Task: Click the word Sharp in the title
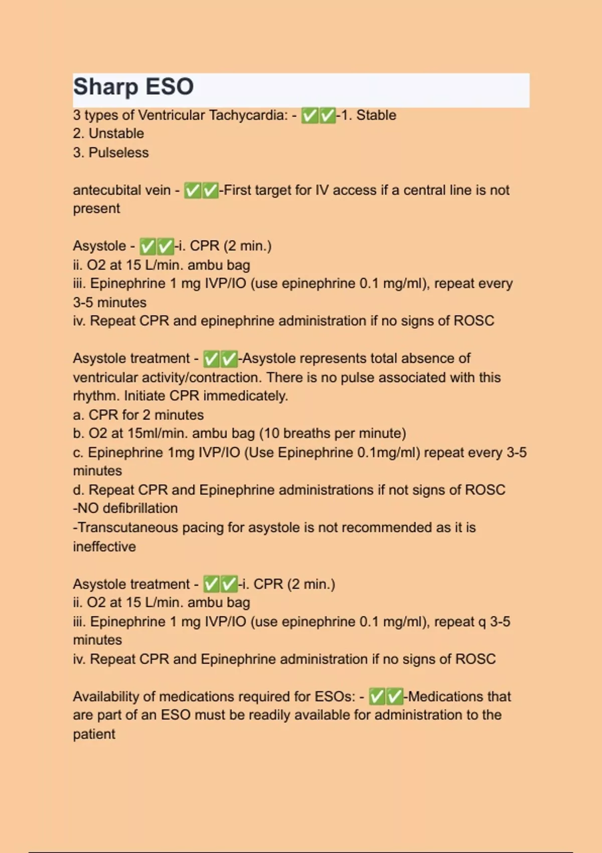click(105, 87)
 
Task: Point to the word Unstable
click(116, 133)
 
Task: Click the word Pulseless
click(118, 153)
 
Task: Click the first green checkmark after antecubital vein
click(193, 191)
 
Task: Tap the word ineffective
click(104, 546)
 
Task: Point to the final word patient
click(94, 734)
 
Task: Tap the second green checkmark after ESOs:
click(394, 696)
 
